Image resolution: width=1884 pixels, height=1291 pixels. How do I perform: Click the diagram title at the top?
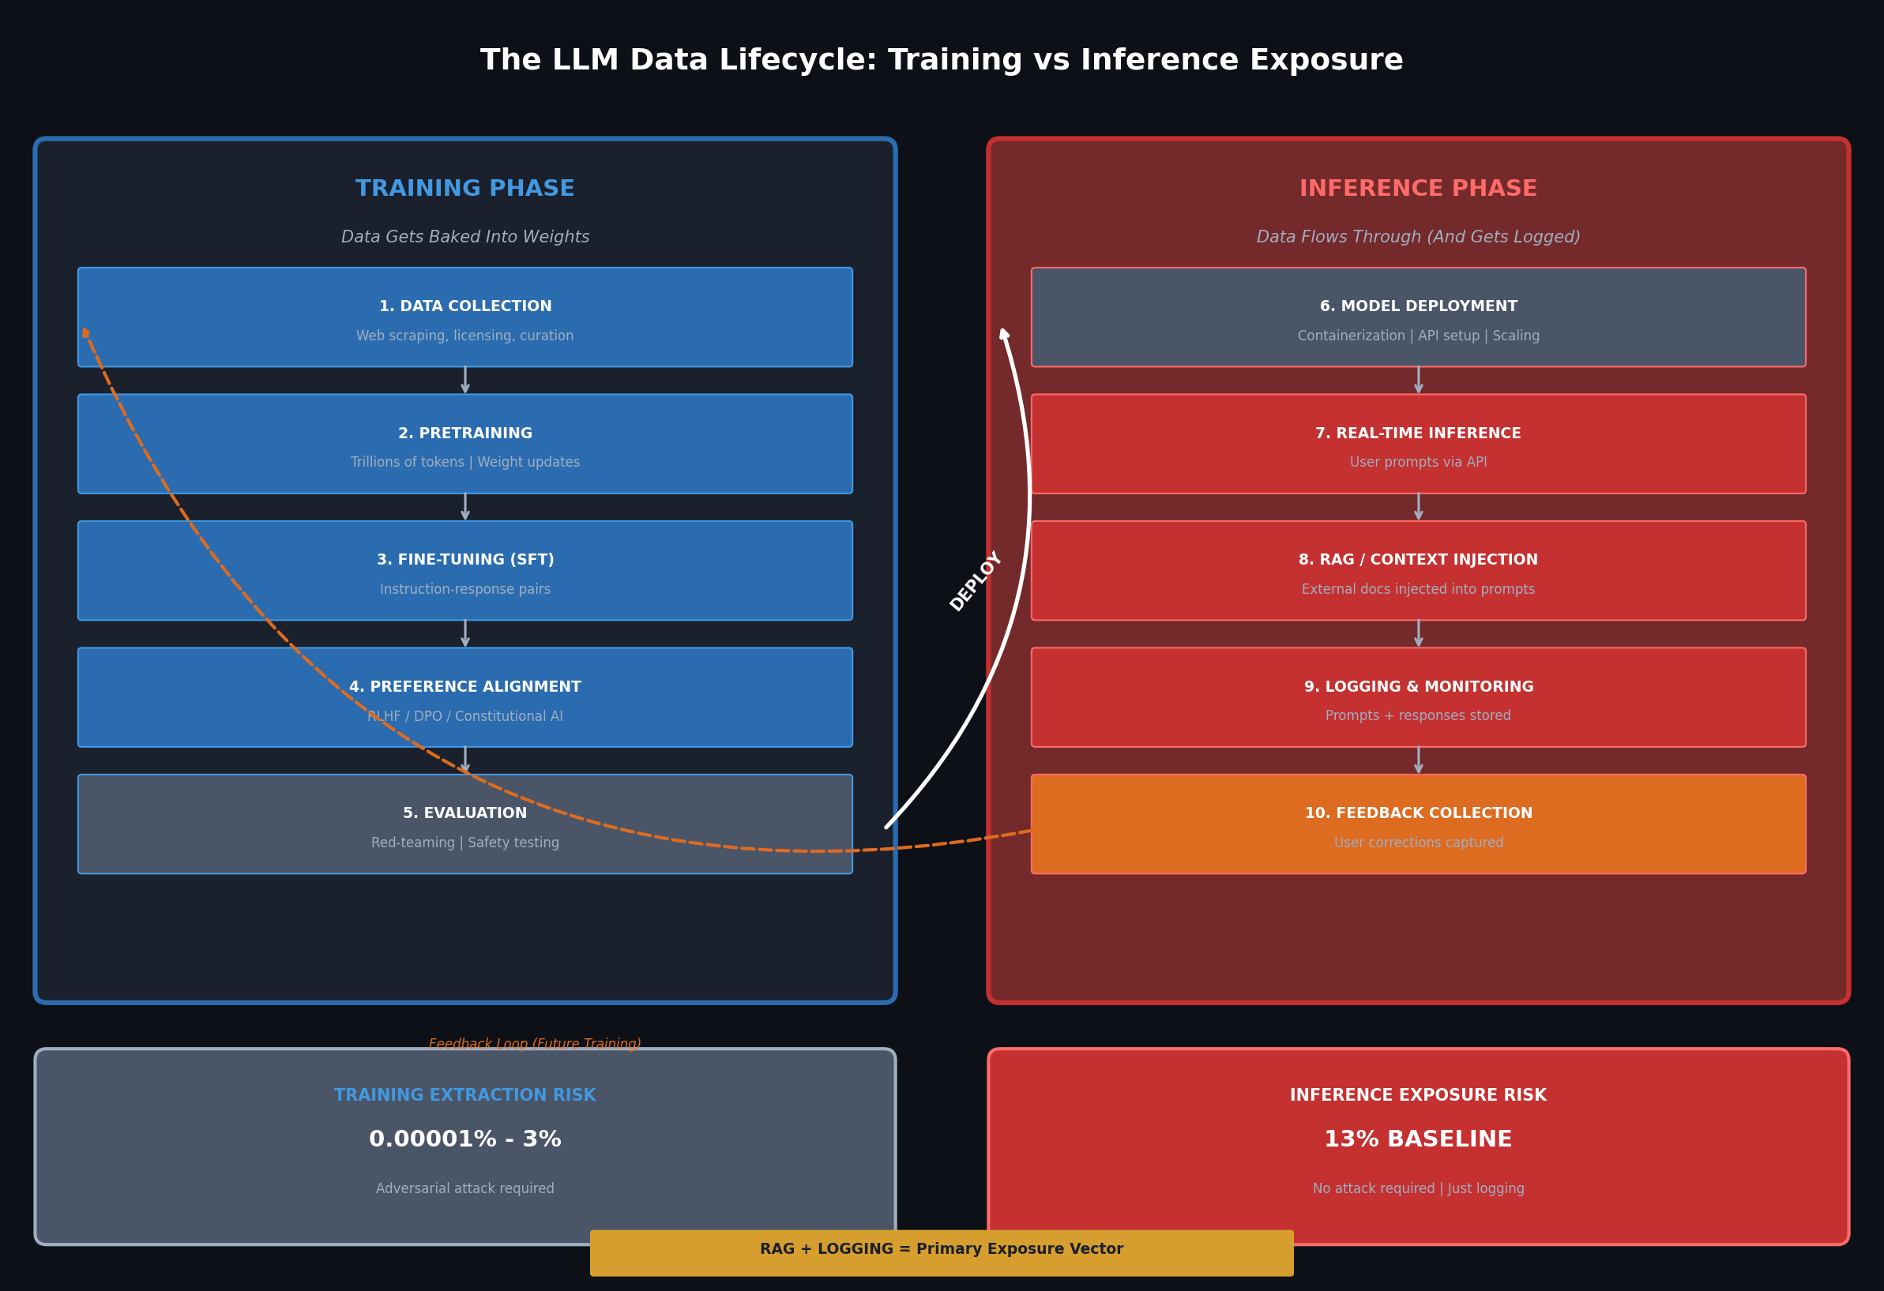coord(941,61)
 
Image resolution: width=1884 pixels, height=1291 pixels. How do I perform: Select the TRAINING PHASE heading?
coord(464,189)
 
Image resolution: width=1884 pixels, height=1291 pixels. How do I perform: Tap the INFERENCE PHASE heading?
coord(1418,189)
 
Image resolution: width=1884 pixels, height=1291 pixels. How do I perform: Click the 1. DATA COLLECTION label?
coord(464,306)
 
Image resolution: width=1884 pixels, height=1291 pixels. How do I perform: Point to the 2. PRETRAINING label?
coord(464,433)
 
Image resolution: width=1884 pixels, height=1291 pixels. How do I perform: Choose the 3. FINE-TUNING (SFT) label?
coord(464,560)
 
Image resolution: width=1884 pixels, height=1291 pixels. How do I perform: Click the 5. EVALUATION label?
coord(464,813)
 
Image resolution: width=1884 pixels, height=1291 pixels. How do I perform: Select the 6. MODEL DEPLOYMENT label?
coord(1418,306)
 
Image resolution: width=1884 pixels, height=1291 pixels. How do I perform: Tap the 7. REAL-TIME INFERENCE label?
coord(1418,433)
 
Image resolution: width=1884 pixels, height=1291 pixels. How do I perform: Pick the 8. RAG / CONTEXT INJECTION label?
coord(1418,560)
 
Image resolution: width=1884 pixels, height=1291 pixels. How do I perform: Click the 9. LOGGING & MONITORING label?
coord(1418,686)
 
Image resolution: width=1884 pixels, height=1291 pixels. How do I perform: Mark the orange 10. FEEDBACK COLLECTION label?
coord(1418,813)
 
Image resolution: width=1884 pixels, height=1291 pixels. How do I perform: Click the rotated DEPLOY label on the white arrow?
coord(976,581)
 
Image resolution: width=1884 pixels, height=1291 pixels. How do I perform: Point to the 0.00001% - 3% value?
coord(464,1139)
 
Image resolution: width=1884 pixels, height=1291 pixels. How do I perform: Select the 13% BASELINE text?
coord(1418,1139)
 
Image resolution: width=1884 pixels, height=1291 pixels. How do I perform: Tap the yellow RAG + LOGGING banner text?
coord(941,1249)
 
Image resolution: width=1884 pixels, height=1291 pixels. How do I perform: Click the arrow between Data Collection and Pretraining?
coord(464,380)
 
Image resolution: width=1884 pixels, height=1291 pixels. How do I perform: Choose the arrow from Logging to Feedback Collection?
coord(1418,760)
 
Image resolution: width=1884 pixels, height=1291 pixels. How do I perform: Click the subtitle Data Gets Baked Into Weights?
coord(464,237)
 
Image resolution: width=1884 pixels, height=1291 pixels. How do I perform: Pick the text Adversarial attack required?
coord(464,1188)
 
